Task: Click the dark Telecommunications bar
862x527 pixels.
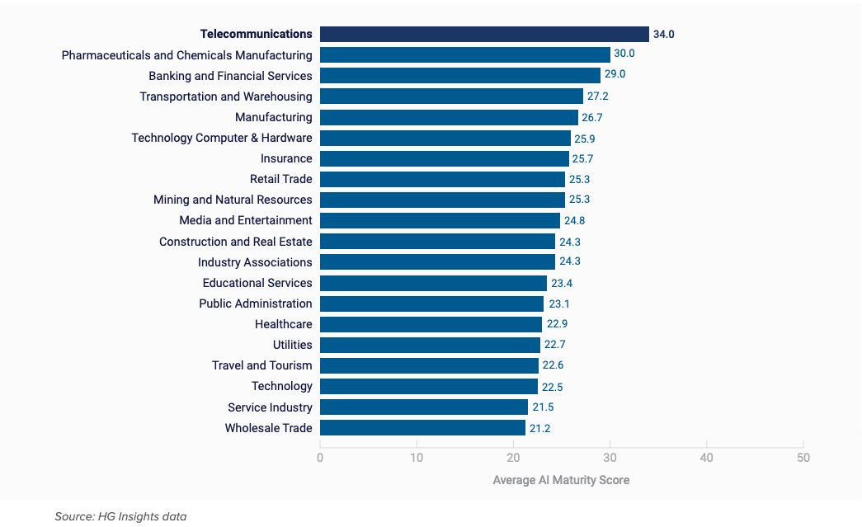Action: tap(484, 34)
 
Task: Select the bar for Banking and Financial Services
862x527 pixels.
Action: tap(460, 76)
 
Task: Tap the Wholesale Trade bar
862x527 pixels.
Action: tap(422, 428)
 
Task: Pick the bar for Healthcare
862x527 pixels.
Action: tap(431, 324)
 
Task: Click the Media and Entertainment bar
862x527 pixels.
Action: tap(440, 220)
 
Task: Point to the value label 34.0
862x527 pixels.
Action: tap(664, 35)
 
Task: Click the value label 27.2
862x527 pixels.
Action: tap(597, 96)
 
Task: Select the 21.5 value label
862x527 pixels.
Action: tap(543, 407)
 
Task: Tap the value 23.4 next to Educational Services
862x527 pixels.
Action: tap(562, 283)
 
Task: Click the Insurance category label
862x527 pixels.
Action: tap(286, 158)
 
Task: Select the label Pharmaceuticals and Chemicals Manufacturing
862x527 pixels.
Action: tap(187, 55)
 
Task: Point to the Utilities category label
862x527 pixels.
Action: tap(292, 345)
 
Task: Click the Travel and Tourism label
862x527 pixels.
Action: tap(261, 365)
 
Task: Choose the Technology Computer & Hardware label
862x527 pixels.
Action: tap(222, 138)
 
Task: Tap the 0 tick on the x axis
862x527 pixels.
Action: tap(320, 458)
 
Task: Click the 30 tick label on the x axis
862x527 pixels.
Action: tap(610, 458)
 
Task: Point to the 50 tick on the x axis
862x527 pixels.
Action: tap(803, 458)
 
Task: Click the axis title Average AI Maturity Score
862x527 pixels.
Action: tap(561, 480)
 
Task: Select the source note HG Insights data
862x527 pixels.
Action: tap(120, 516)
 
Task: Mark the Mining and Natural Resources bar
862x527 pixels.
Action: tap(442, 200)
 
